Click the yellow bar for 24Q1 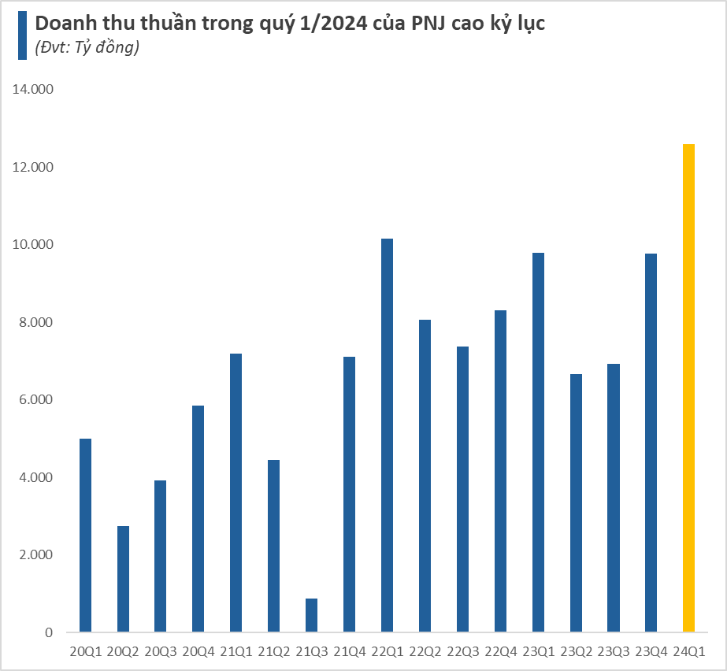pyautogui.click(x=688, y=387)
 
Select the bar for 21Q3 pyautogui.click(x=311, y=615)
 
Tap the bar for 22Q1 pyautogui.click(x=387, y=435)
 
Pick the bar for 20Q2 pyautogui.click(x=123, y=579)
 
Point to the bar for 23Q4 pyautogui.click(x=651, y=443)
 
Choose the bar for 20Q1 pyautogui.click(x=85, y=535)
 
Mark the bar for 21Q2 pyautogui.click(x=273, y=546)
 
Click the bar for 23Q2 pyautogui.click(x=576, y=502)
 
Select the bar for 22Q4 pyautogui.click(x=500, y=471)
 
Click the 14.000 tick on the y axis pyautogui.click(x=32, y=90)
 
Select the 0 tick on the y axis pyautogui.click(x=48, y=632)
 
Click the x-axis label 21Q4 pyautogui.click(x=349, y=652)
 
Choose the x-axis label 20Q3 pyautogui.click(x=161, y=652)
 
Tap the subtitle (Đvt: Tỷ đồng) pyautogui.click(x=87, y=48)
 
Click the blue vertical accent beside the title pyautogui.click(x=22, y=35)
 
